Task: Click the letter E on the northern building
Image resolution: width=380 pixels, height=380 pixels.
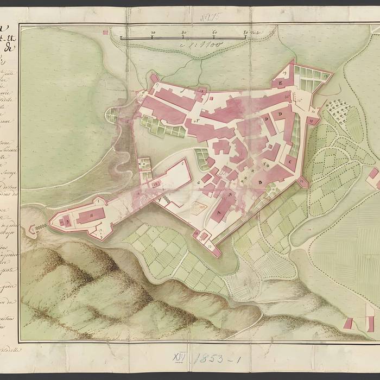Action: point(281,83)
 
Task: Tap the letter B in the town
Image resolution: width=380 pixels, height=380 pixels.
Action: point(260,182)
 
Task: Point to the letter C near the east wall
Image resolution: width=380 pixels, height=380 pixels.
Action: point(290,162)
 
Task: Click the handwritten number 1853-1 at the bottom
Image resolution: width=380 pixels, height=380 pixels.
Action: point(212,358)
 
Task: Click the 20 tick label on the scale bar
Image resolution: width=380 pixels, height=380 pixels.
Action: point(153,33)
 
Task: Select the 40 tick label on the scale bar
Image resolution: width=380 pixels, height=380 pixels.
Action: point(185,33)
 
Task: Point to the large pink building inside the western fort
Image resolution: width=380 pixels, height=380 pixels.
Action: point(87,216)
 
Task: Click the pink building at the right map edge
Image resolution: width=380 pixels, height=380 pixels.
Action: point(373,176)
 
